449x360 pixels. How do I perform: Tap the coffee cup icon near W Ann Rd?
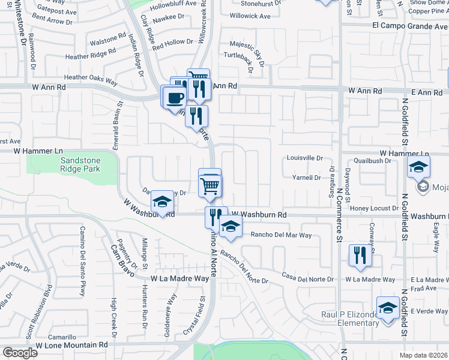(175, 97)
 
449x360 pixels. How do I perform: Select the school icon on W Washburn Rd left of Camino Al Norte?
(161, 203)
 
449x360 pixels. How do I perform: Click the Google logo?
(20, 353)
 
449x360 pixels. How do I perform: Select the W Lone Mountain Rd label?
(71, 345)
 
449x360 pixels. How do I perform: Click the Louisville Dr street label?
(305, 158)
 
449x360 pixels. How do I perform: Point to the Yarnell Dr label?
(306, 178)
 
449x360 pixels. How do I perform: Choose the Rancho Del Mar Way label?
(281, 235)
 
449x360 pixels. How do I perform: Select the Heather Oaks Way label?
(90, 77)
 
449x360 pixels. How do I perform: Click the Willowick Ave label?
(250, 16)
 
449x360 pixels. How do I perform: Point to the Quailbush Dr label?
(372, 161)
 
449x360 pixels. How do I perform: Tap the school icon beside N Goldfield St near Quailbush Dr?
(418, 169)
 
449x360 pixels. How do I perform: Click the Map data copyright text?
(424, 355)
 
